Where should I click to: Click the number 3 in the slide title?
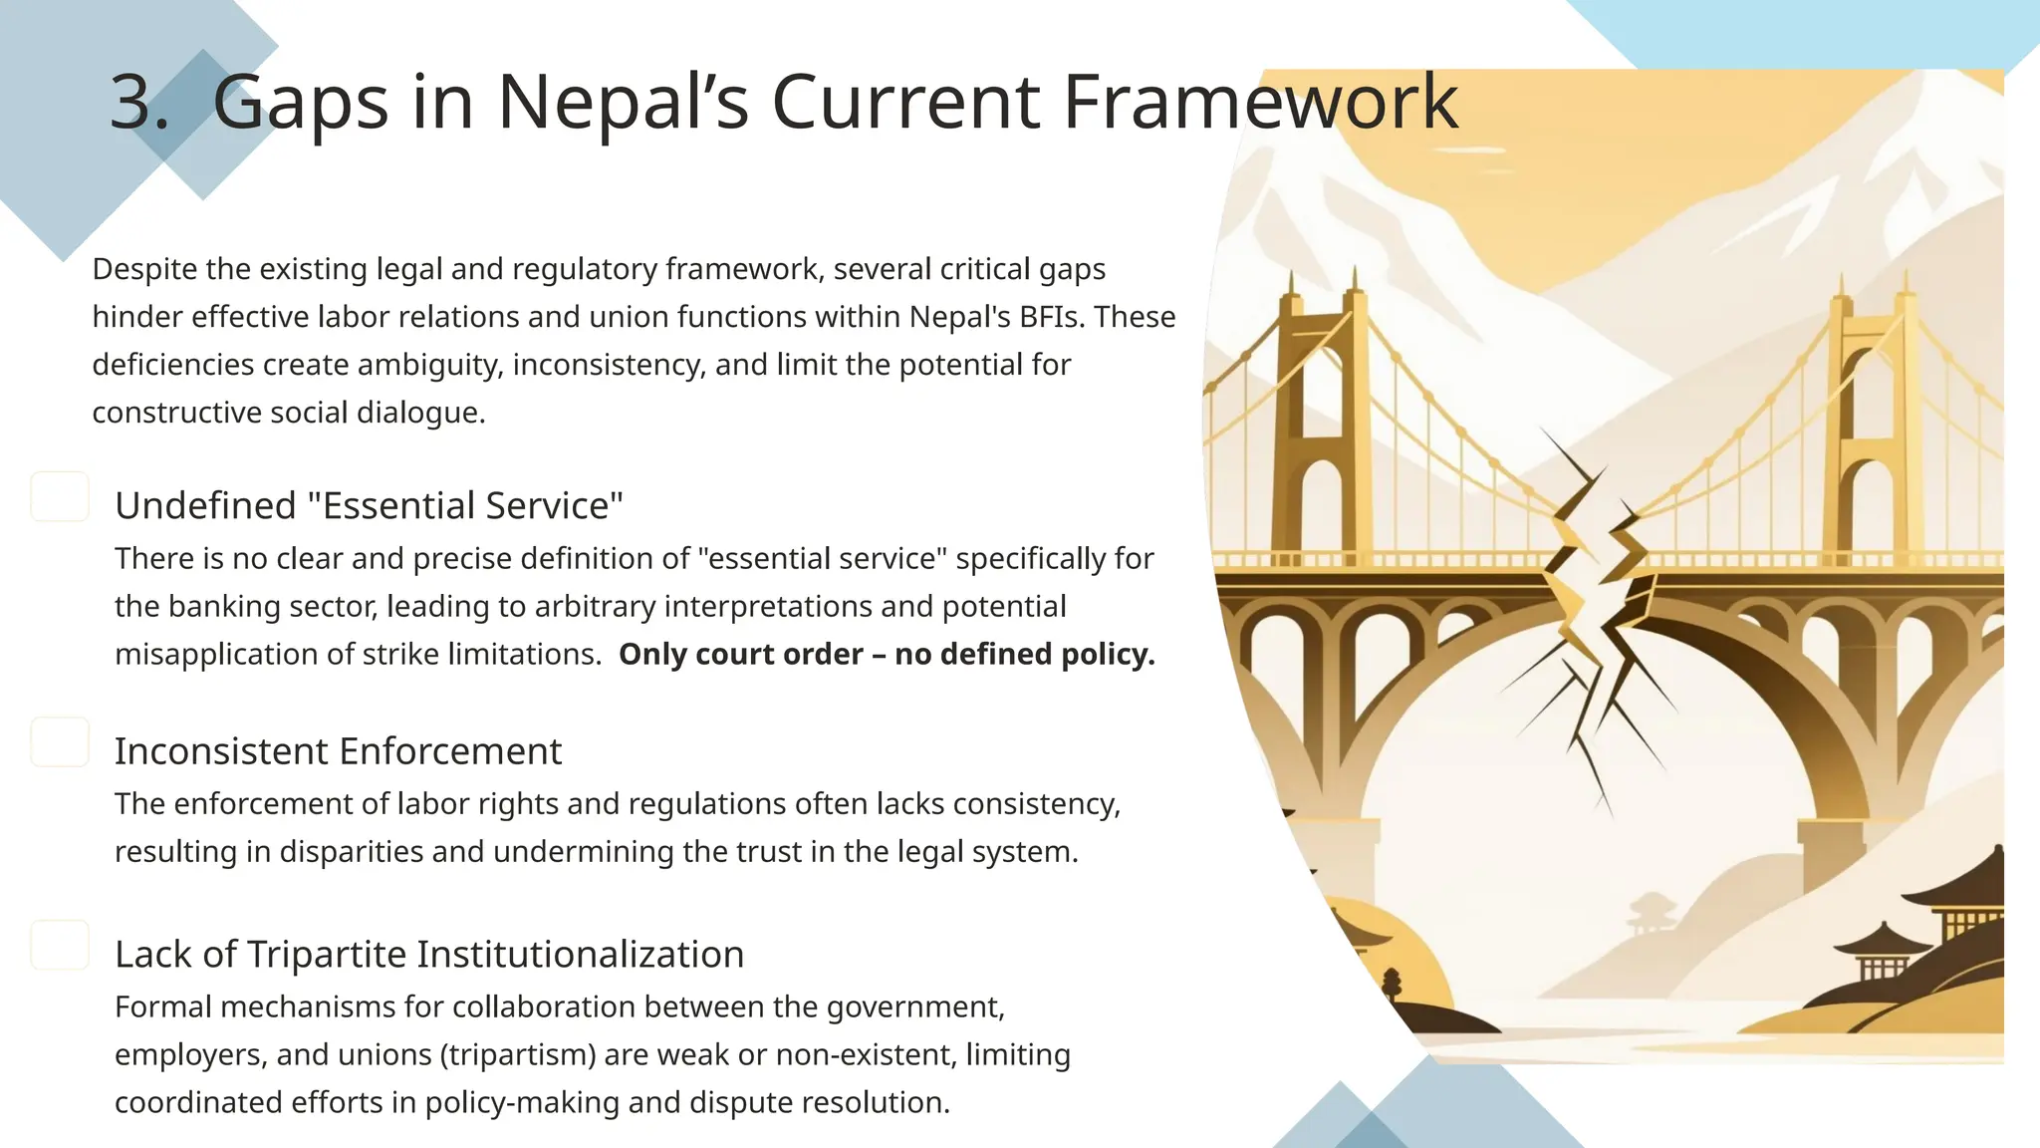pos(137,102)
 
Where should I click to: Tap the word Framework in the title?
pos(1260,102)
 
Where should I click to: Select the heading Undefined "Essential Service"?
pos(369,506)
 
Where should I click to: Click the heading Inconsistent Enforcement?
pos(338,751)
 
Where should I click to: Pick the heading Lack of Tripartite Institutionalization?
pos(429,955)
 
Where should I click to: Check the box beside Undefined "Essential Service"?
pos(60,496)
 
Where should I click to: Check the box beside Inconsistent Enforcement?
pos(60,742)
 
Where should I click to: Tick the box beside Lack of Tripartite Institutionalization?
pos(60,945)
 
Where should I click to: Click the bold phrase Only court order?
pos(740,655)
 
